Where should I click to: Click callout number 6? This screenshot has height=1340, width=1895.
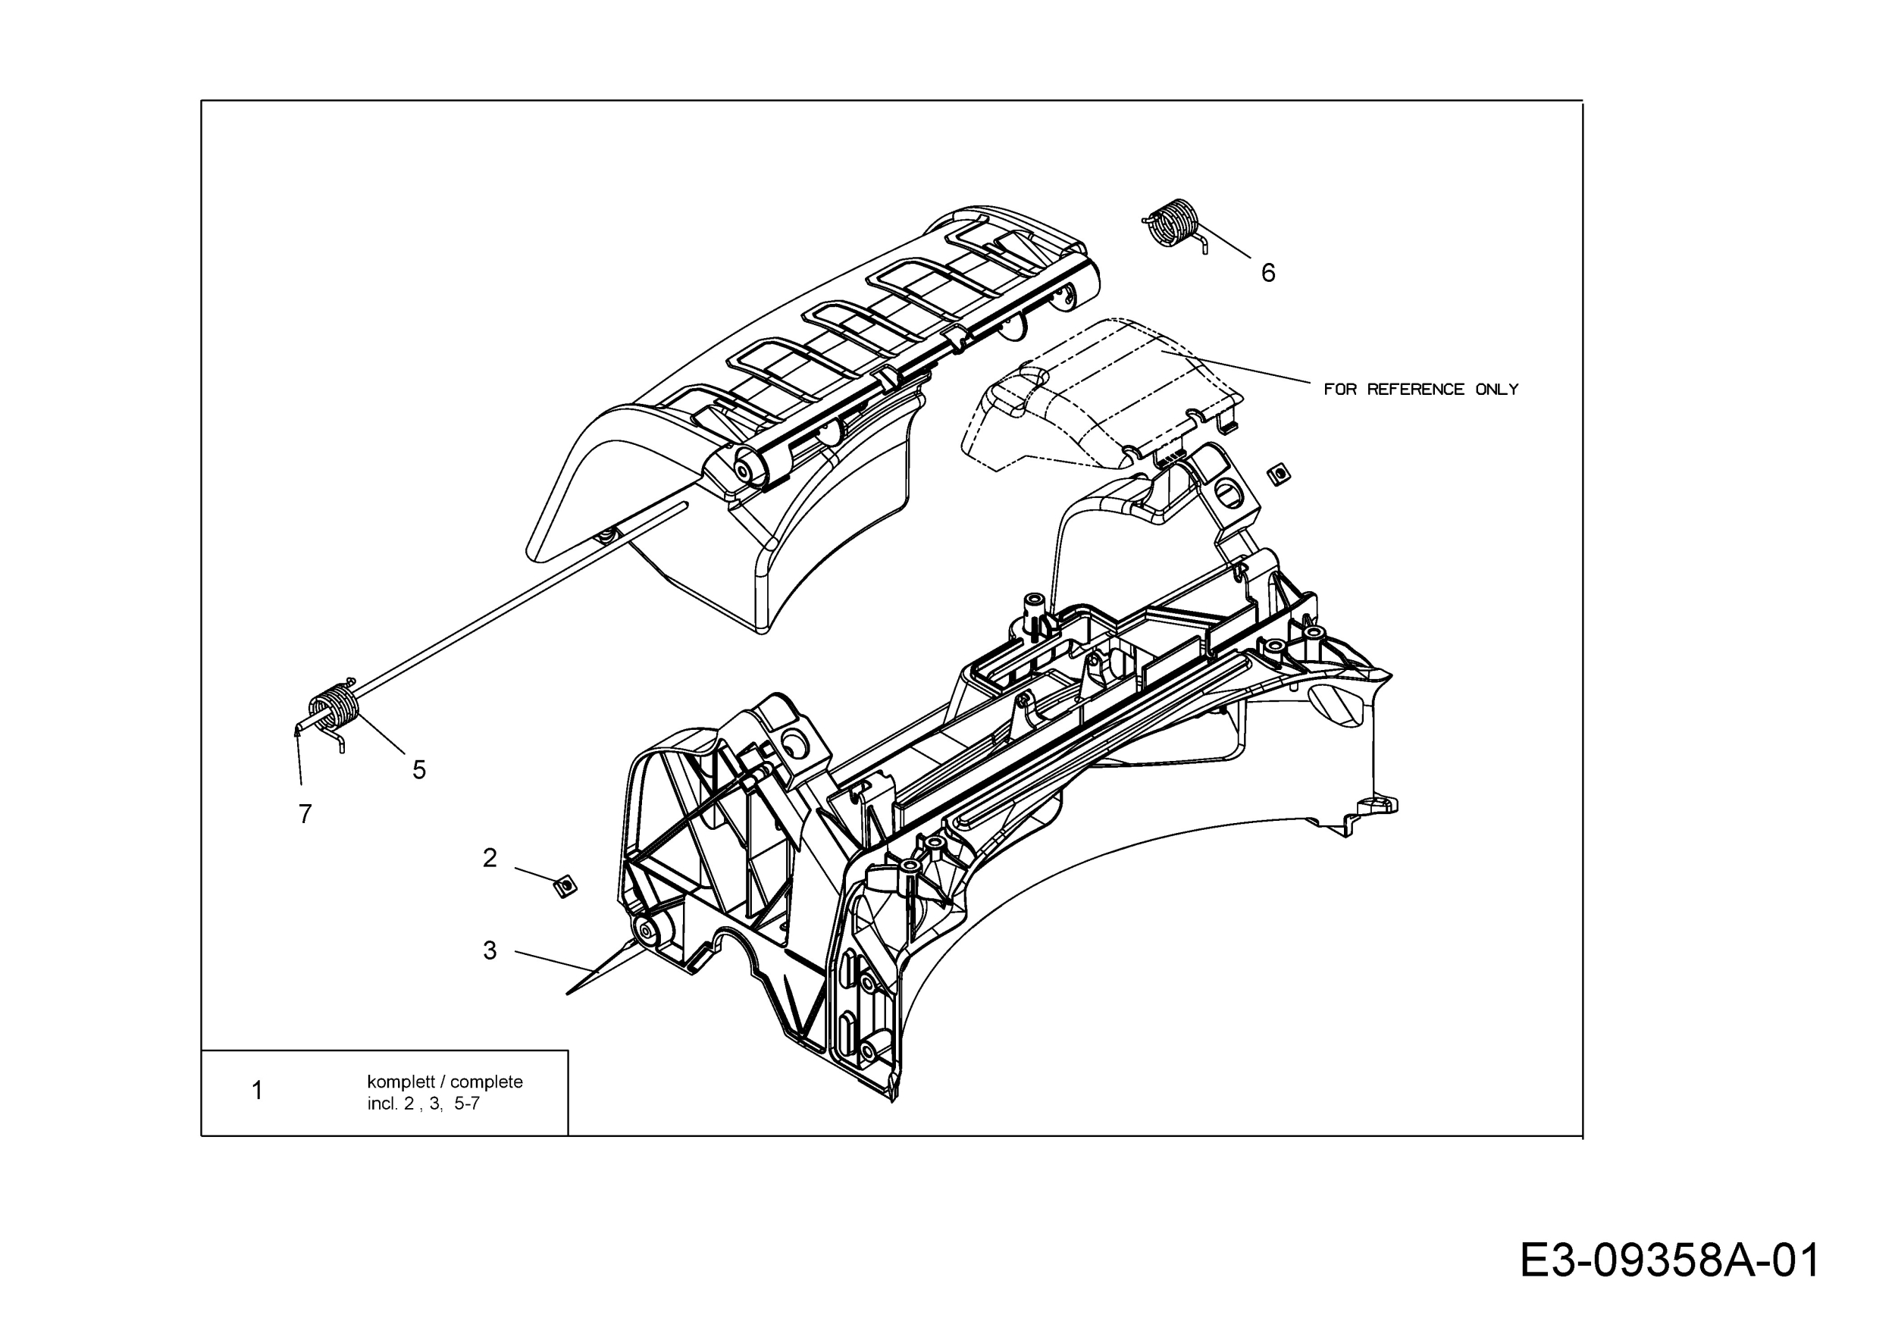[x=1267, y=272]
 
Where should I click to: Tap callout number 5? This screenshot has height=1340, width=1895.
[x=419, y=770]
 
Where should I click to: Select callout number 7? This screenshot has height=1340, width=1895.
[x=305, y=815]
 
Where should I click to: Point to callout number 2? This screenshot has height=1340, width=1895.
[x=490, y=858]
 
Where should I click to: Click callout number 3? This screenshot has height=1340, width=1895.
[x=490, y=950]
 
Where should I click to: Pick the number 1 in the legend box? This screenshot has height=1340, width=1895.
[x=258, y=1091]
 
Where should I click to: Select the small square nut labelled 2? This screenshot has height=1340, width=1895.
[x=565, y=886]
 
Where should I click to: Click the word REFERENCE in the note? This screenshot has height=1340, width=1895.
[x=1415, y=390]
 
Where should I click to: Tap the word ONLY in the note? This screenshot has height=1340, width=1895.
[x=1496, y=390]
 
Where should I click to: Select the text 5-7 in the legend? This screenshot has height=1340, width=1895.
[x=466, y=1104]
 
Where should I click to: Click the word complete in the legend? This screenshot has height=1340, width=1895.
[x=486, y=1082]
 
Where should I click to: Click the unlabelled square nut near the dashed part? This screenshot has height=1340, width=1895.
[x=1279, y=474]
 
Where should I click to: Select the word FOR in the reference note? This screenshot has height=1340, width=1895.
[x=1339, y=390]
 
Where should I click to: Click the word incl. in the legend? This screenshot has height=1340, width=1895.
[x=382, y=1104]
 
